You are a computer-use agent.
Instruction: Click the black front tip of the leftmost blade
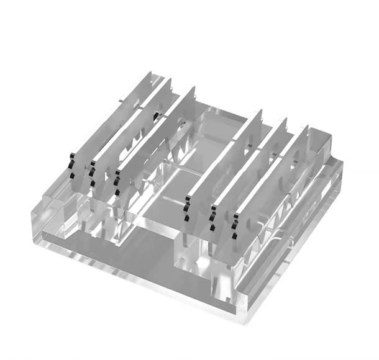pos(72,164)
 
